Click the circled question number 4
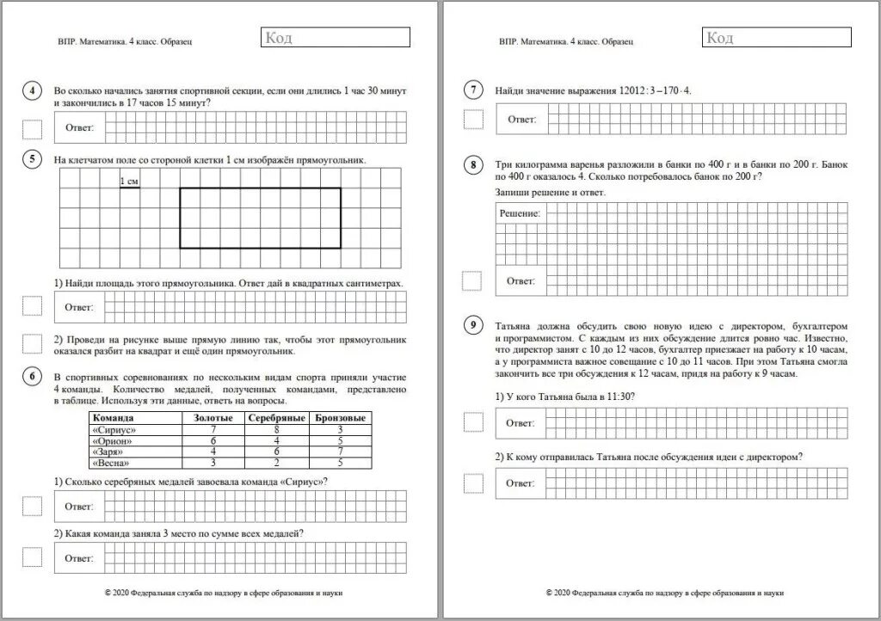[32, 92]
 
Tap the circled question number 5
[32, 158]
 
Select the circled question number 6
[32, 377]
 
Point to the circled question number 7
[473, 90]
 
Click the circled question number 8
[473, 164]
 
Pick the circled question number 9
[473, 325]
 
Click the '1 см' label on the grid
[129, 181]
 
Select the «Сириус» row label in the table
[114, 429]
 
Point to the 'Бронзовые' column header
[342, 418]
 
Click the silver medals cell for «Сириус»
[277, 429]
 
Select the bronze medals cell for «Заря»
[342, 452]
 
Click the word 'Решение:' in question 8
[520, 212]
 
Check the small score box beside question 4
[32, 130]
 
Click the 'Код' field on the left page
[335, 37]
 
